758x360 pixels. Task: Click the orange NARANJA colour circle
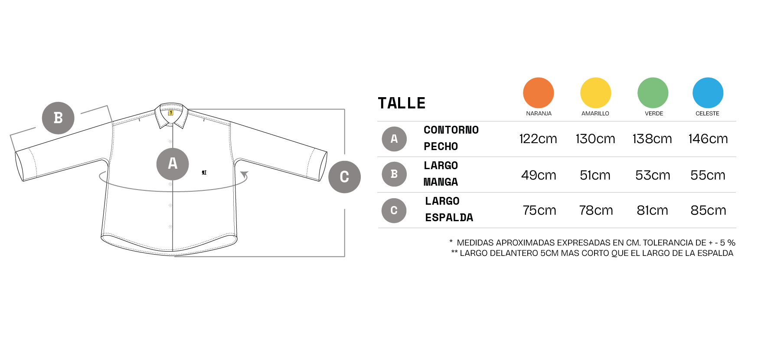(538, 93)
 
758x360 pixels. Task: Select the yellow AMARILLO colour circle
(595, 93)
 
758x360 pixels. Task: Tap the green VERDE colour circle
(653, 93)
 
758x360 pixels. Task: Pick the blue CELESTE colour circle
(708, 93)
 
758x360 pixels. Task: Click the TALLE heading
(402, 103)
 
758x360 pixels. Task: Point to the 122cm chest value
(538, 139)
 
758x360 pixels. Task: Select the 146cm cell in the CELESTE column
(708, 139)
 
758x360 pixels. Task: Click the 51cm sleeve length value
(595, 175)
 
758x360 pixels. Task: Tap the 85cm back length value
(708, 210)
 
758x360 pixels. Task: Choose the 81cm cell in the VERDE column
(652, 210)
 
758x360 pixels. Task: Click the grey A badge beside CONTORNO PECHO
(394, 139)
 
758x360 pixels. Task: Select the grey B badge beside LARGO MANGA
(394, 174)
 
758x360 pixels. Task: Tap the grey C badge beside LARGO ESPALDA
(394, 210)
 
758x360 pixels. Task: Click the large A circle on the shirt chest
(173, 164)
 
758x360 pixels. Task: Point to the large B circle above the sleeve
(58, 118)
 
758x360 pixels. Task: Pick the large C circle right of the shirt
(345, 177)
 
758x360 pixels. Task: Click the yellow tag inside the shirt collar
(171, 113)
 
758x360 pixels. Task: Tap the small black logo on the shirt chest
(204, 173)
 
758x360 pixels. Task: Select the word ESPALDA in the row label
(449, 218)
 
